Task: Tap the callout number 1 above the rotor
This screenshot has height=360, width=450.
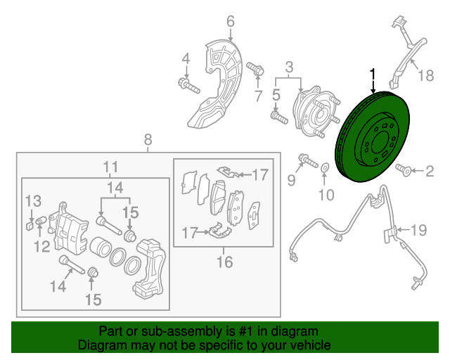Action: pos(373,73)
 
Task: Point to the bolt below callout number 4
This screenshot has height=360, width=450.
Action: pos(188,87)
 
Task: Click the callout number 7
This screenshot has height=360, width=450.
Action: pos(258,95)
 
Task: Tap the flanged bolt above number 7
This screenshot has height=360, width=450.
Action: pos(256,70)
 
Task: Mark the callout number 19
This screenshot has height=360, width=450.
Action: pos(418,229)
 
